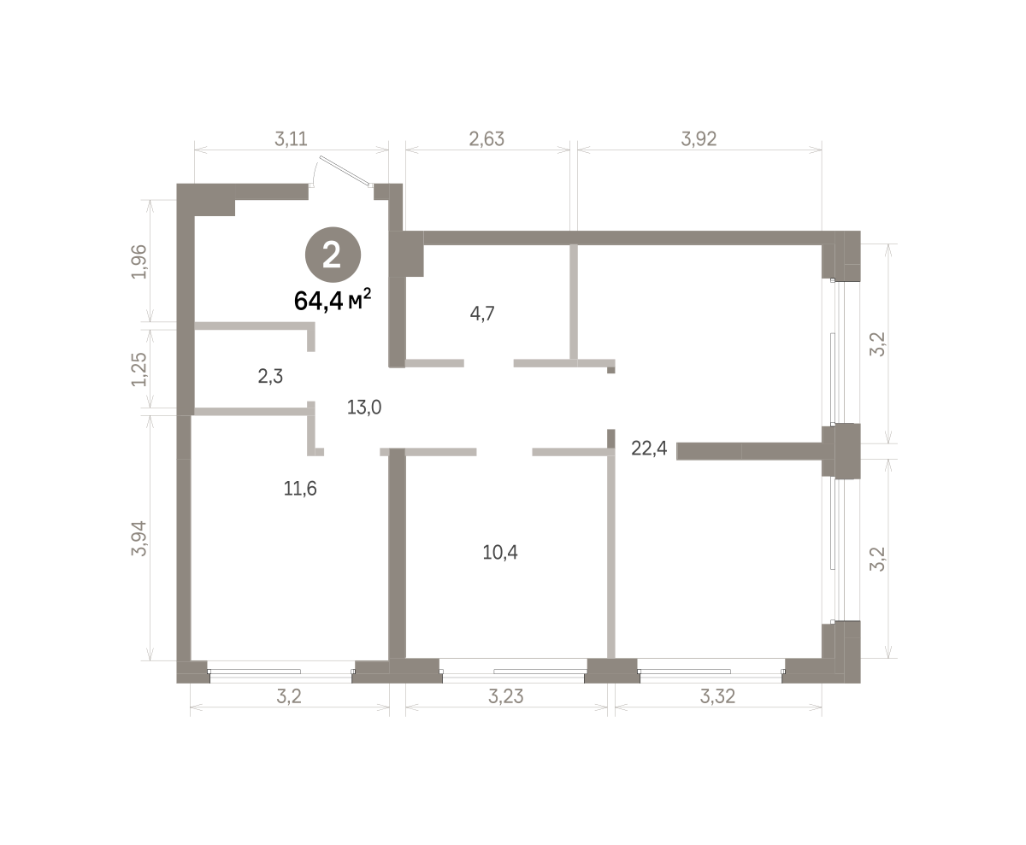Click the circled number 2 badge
pos(333,255)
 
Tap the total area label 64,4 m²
pos(333,300)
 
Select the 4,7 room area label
pos(482,313)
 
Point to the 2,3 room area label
pos(270,376)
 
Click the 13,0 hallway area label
pos(364,407)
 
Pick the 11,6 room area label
pos(300,488)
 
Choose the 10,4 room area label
pos(500,552)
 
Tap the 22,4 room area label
pos(649,448)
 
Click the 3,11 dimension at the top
pos(291,139)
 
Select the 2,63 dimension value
pos(486,139)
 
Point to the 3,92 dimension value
pos(699,139)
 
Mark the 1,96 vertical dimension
pos(139,261)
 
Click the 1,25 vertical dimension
pos(139,369)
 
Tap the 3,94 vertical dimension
pos(139,538)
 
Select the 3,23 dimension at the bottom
pos(506,696)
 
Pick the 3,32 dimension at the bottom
pos(718,696)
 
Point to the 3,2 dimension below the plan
pos(289,696)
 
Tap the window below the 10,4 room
pos(514,672)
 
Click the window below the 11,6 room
pos(281,672)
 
